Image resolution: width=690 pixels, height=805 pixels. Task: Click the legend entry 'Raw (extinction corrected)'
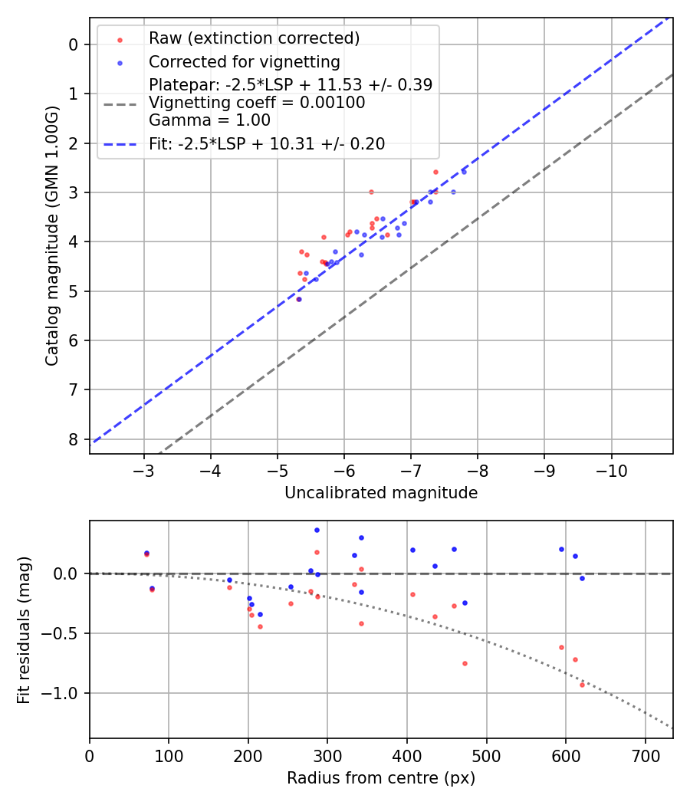pyautogui.click(x=253, y=38)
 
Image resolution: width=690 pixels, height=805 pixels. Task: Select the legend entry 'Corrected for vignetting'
pyautogui.click(x=244, y=61)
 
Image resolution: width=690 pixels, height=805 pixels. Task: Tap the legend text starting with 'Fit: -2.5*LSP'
pyautogui.click(x=267, y=143)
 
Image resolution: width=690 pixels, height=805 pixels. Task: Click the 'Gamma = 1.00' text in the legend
pyautogui.click(x=209, y=120)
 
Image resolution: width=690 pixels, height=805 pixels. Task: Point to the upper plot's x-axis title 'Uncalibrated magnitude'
pyautogui.click(x=381, y=493)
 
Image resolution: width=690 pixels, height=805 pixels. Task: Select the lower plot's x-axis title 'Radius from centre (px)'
pyautogui.click(x=381, y=778)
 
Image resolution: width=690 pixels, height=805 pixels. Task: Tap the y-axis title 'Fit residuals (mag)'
pyautogui.click(x=24, y=629)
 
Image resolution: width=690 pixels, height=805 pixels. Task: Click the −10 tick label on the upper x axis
pyautogui.click(x=611, y=469)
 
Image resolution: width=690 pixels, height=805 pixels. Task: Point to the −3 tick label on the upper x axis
pyautogui.click(x=143, y=469)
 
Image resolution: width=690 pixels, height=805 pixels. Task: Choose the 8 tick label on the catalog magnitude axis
pyautogui.click(x=73, y=439)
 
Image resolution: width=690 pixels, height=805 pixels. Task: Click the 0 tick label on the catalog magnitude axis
pyautogui.click(x=73, y=44)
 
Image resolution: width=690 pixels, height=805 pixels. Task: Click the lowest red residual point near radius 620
pyautogui.click(x=582, y=685)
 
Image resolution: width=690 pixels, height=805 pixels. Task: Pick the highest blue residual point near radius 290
pyautogui.click(x=317, y=530)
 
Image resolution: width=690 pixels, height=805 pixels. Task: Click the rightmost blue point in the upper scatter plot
pyautogui.click(x=463, y=172)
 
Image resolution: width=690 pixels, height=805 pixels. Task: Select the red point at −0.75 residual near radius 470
pyautogui.click(x=465, y=663)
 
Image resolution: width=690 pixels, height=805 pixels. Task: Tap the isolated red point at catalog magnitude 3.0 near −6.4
pyautogui.click(x=371, y=192)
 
